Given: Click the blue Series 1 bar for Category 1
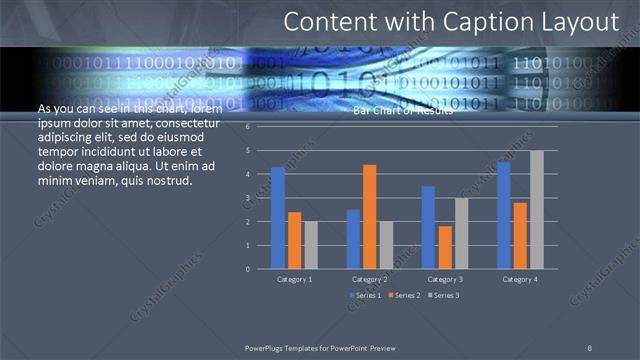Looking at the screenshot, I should (x=278, y=218).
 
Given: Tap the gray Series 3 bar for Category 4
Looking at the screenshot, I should (x=537, y=209).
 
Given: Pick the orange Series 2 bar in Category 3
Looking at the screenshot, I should (x=444, y=247).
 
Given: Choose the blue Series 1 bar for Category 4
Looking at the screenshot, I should (x=504, y=215).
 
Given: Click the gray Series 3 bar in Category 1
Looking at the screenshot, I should (x=311, y=245).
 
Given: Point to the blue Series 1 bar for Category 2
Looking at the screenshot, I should (x=353, y=239).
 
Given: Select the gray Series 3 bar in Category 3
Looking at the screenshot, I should (x=461, y=233).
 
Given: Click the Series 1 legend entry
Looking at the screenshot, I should (x=365, y=295).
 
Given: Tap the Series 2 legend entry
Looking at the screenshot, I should (x=403, y=295).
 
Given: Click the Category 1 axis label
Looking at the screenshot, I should (x=294, y=280).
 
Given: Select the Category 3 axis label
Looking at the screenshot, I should (x=445, y=280).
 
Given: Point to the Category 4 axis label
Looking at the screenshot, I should (x=520, y=280).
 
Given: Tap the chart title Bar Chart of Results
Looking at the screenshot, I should (x=403, y=111).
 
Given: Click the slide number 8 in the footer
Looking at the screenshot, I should (x=590, y=346).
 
